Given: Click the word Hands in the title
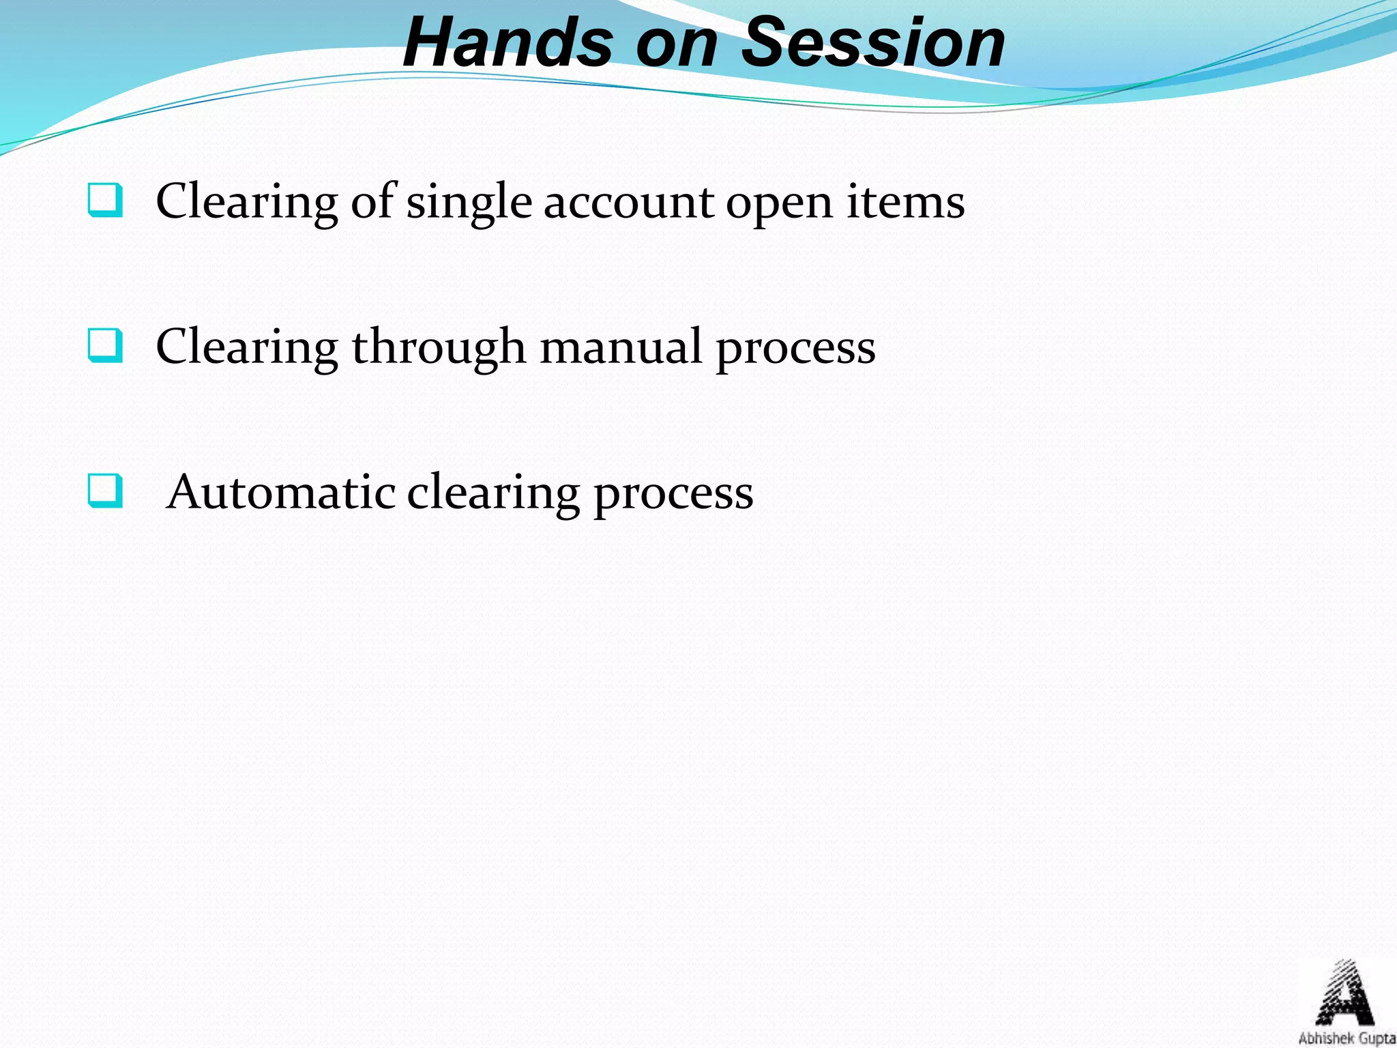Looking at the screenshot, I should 508,42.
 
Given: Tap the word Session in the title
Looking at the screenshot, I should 872,42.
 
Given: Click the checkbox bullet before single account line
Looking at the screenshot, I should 105,200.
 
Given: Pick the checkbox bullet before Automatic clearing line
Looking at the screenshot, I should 105,491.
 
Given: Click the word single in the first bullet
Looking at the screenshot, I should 469,203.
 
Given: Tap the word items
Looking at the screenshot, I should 905,202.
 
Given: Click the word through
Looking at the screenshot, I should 439,348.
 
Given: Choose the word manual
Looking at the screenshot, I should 621,347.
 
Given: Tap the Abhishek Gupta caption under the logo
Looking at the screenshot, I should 1347,1038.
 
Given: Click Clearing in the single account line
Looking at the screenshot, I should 247,203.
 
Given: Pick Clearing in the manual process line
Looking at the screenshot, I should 247,348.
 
